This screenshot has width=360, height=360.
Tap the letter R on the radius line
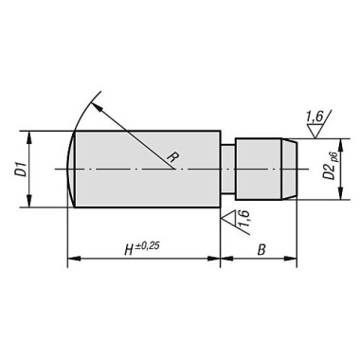click(171, 156)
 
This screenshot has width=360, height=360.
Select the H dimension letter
click(129, 250)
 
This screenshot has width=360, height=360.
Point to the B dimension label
click(261, 250)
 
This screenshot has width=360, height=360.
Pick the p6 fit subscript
click(334, 158)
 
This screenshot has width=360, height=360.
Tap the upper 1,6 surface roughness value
click(314, 117)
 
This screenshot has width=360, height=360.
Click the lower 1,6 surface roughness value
click(243, 218)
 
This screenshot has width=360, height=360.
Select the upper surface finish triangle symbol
click(315, 131)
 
